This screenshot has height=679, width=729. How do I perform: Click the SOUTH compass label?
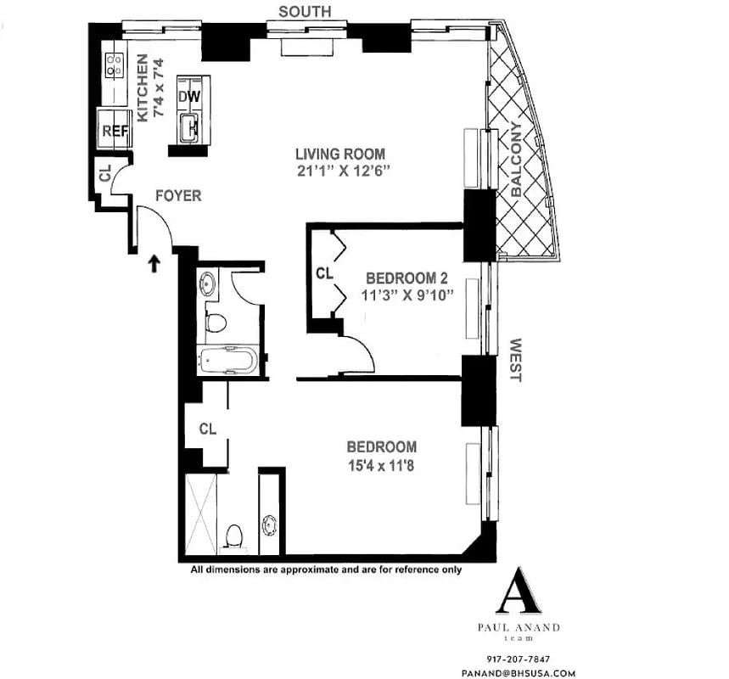point(306,10)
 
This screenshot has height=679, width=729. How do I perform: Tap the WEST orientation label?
point(514,360)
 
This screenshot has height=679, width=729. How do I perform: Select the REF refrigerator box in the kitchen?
point(114,130)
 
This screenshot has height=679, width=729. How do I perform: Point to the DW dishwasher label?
point(189,97)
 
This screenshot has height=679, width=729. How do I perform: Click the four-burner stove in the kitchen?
point(115,65)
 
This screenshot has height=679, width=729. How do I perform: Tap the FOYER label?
point(178,196)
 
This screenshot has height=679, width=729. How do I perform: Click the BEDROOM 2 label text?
point(406,278)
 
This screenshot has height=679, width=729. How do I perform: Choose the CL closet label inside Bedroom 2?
point(323,274)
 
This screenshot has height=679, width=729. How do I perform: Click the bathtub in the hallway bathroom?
point(227,362)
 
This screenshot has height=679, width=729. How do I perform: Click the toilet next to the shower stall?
point(235,536)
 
